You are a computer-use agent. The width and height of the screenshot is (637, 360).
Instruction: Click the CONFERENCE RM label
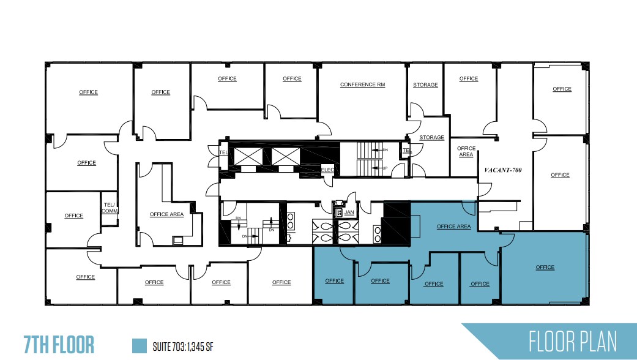(x=363, y=84)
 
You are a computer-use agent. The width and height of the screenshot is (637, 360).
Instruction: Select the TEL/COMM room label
(x=110, y=208)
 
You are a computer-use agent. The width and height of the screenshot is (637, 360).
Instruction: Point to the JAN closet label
(x=349, y=212)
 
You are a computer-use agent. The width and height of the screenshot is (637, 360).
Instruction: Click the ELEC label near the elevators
(x=327, y=170)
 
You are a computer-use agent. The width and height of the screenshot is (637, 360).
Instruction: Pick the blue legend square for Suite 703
(x=140, y=345)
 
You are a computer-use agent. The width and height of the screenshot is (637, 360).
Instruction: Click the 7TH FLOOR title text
(x=59, y=345)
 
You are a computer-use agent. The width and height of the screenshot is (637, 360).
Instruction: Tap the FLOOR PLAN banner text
(x=573, y=341)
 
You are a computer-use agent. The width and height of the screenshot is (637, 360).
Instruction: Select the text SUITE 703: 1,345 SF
(x=183, y=347)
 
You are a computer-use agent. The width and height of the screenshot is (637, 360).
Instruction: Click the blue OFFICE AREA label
(x=453, y=227)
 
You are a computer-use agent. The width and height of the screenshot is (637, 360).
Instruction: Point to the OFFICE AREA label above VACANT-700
(x=466, y=151)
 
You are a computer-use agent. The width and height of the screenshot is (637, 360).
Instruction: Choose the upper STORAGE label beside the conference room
(x=425, y=85)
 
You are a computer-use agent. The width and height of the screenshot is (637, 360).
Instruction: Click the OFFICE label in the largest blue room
(x=545, y=267)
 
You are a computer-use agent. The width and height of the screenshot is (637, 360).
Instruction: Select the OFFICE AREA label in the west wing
(x=166, y=214)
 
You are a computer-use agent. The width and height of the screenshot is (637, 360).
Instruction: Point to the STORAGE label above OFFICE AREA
(x=431, y=138)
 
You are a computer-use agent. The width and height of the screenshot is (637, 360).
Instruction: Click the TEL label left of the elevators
(x=223, y=151)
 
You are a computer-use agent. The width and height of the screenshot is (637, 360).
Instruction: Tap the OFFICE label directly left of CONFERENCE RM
(x=292, y=78)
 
